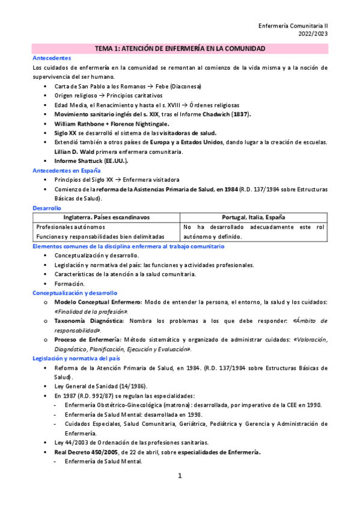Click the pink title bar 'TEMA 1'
coord(180,48)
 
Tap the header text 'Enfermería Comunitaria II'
coord(293,27)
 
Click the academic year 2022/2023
coord(313,35)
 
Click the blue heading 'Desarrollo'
coord(46,207)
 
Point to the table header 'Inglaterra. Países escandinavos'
coord(106,217)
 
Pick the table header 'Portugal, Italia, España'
coord(253,217)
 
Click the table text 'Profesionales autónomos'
coord(70,227)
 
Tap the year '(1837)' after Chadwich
coord(237,114)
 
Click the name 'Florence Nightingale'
coord(137,123)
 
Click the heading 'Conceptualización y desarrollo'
coord(75,292)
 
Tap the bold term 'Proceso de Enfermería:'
coord(86,340)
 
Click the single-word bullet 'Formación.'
coord(69,283)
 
